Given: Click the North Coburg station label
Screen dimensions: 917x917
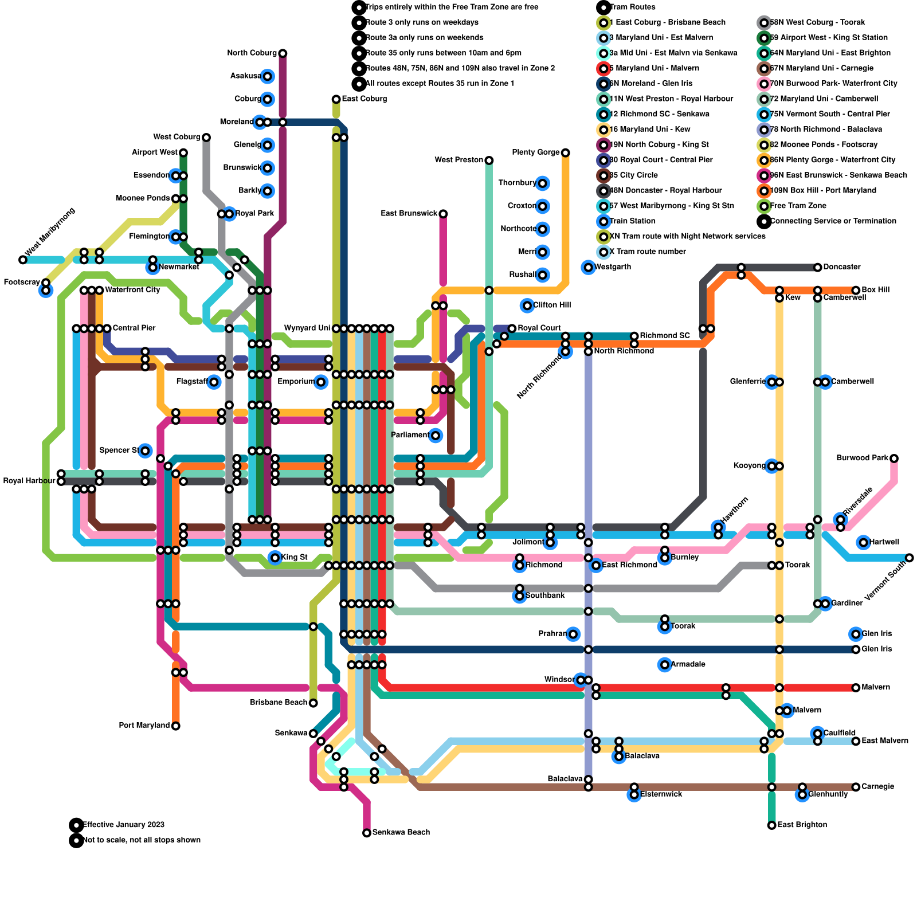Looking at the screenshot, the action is coord(252,53).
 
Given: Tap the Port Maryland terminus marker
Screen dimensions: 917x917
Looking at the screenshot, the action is coord(176,726).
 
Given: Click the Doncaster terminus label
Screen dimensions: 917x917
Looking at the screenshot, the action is coord(841,267).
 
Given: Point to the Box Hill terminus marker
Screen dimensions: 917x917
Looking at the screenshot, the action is coord(856,291).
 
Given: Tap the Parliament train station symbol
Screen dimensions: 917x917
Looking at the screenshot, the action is coord(436,436).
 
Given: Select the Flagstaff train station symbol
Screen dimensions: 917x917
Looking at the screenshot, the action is coord(214,382).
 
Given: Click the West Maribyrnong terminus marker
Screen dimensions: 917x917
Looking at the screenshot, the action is coord(23,260).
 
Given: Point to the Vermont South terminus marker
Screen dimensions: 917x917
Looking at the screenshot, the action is coord(910,558).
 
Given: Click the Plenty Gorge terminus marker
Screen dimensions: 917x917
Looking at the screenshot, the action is coord(566,152).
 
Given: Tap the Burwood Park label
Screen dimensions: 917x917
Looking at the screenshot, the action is coord(862,458).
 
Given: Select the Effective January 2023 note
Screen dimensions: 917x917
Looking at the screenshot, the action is coord(123,825).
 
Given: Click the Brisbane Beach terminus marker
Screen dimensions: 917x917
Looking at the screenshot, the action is coord(313,703).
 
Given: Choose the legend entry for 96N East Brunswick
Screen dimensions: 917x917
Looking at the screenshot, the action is coord(838,175).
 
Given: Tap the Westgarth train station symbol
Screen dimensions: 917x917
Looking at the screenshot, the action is coord(588,267).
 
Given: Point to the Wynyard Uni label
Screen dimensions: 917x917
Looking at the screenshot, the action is coord(307,328).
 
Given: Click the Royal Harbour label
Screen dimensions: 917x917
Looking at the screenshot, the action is coord(29,481).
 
